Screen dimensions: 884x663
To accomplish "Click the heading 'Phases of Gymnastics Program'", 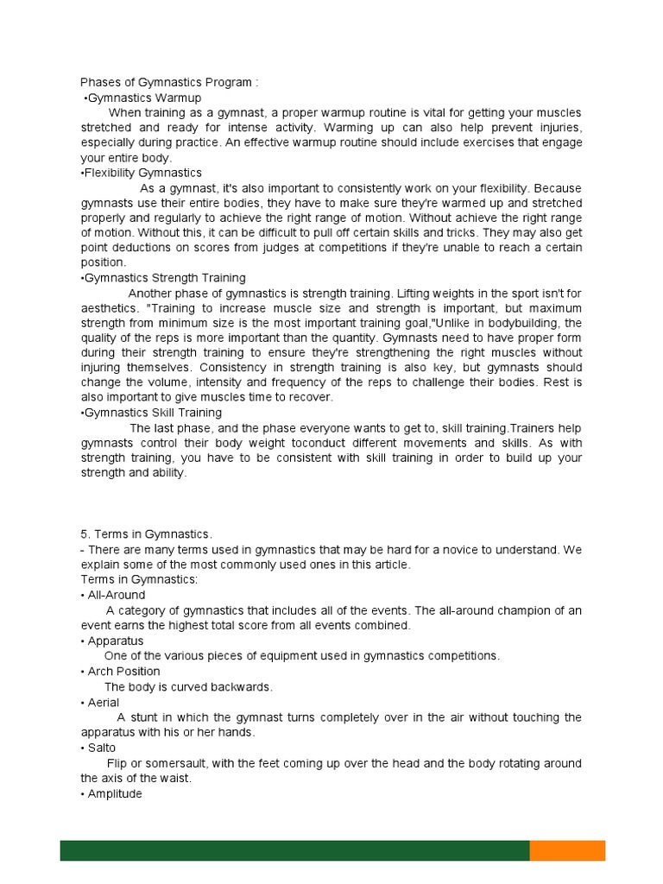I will pyautogui.click(x=169, y=83).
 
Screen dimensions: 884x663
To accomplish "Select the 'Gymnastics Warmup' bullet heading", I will pyautogui.click(x=143, y=98).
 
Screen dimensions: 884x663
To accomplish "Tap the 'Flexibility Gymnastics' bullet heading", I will pyautogui.click(x=141, y=173).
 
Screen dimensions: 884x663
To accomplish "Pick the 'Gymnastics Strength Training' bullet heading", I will pyautogui.click(x=163, y=278).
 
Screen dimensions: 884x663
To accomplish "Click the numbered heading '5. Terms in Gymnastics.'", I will pyautogui.click(x=147, y=534).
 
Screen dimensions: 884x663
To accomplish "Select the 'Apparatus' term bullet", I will pyautogui.click(x=115, y=641).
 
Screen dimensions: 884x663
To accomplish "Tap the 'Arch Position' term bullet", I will pyautogui.click(x=123, y=672).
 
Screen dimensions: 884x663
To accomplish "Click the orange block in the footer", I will pyautogui.click(x=567, y=850).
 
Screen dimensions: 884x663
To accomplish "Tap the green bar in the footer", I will pyautogui.click(x=294, y=850).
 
